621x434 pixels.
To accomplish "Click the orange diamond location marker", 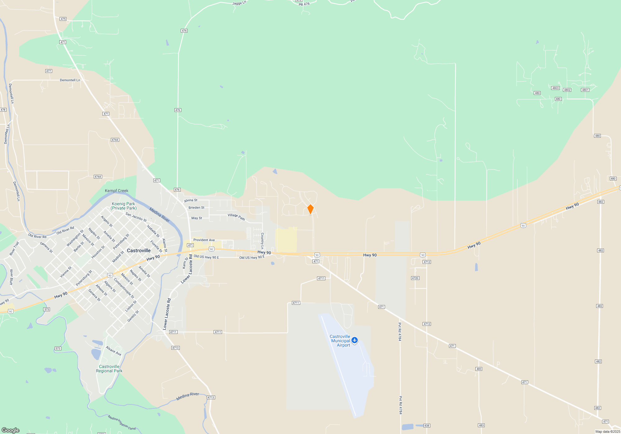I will pyautogui.click(x=310, y=209).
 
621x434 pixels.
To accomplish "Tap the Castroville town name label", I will pyautogui.click(x=139, y=250).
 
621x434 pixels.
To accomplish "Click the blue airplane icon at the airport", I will pyautogui.click(x=355, y=340).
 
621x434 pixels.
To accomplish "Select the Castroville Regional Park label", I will pyautogui.click(x=109, y=369).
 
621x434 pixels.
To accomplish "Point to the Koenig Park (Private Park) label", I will pyautogui.click(x=123, y=206).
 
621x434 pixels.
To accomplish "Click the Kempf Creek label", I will pyautogui.click(x=116, y=191).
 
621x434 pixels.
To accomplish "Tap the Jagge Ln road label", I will pyautogui.click(x=239, y=3).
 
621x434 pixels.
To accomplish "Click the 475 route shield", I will pyautogui.click(x=63, y=19).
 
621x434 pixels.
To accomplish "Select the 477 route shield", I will pyautogui.click(x=48, y=71).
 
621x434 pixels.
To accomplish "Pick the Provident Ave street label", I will pyautogui.click(x=204, y=240).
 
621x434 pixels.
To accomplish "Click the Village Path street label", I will pyautogui.click(x=236, y=217).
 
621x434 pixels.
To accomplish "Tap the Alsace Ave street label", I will pyautogui.click(x=113, y=351).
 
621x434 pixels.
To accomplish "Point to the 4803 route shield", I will pyautogui.click(x=555, y=88).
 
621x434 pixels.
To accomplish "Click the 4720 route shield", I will pyautogui.click(x=415, y=278).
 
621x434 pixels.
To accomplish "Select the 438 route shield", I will pyautogui.click(x=427, y=426).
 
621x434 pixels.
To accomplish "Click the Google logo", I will pyautogui.click(x=11, y=430).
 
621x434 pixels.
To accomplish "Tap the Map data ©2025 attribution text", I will pyautogui.click(x=607, y=432).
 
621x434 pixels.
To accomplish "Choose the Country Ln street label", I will pyautogui.click(x=262, y=241).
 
